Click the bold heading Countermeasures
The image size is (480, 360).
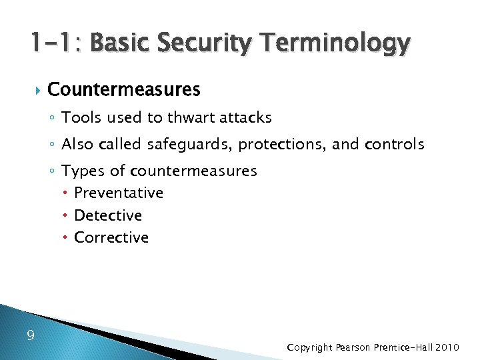pos(124,89)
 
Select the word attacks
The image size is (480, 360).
pos(247,118)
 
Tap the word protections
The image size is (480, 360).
pos(280,144)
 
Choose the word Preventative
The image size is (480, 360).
pos(119,193)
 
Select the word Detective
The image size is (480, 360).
pos(108,215)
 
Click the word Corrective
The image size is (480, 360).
pos(111,237)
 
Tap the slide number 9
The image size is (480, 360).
pos(31,335)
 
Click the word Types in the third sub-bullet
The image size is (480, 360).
pos(83,171)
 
